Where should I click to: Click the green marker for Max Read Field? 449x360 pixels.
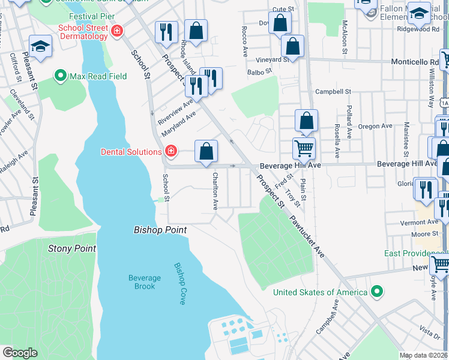coord(60,76)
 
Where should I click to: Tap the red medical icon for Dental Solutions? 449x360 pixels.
coord(170,151)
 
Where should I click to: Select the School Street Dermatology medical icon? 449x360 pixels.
coord(116,31)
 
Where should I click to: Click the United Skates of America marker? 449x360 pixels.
coord(376,292)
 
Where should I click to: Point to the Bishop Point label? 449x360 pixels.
coord(160,230)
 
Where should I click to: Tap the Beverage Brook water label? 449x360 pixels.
coord(145,282)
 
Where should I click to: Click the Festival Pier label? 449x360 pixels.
coord(92,16)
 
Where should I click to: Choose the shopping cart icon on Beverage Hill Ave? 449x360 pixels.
coord(304,148)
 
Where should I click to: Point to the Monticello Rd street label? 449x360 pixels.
coord(414,62)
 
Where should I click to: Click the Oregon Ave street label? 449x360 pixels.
coord(375,126)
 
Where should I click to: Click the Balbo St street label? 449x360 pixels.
coord(260,71)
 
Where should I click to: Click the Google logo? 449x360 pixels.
coord(19,353)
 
